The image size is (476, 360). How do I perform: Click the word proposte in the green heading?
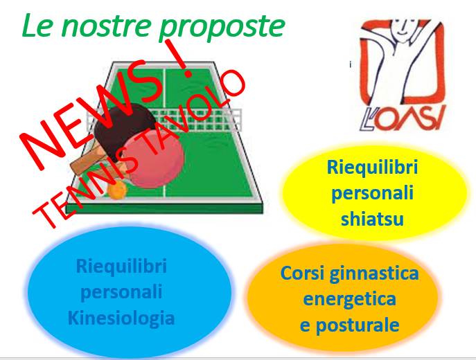(x=222, y=27)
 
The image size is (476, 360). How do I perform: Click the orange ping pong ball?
(x=116, y=190)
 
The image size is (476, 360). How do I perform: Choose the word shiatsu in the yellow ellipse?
(x=372, y=219)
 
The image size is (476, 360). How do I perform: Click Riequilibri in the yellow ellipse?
(x=372, y=168)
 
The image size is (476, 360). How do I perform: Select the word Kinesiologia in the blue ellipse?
(x=121, y=318)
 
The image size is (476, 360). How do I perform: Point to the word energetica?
(x=349, y=299)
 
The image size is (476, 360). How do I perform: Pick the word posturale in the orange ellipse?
(x=358, y=325)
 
